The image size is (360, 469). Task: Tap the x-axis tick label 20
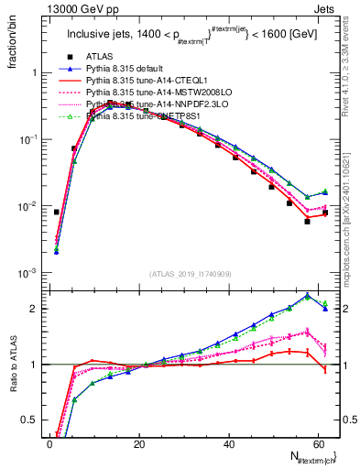tap(139, 443)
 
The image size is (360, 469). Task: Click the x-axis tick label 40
tap(231, 443)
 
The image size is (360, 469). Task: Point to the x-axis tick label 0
tap(49, 443)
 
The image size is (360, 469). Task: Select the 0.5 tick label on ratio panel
tap(29, 420)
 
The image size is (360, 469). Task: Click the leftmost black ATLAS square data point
tap(57, 212)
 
